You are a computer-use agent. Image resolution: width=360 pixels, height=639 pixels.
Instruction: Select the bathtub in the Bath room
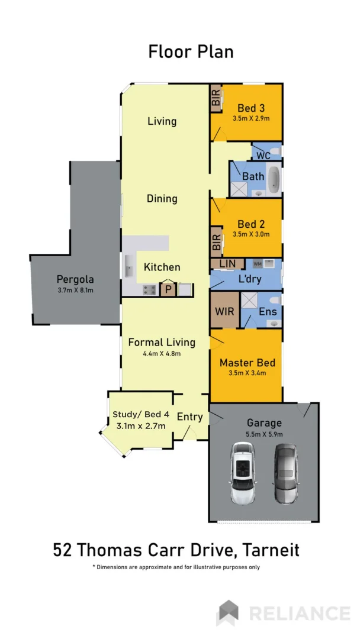click(274, 180)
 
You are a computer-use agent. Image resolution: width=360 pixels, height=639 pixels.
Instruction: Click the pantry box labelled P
click(168, 289)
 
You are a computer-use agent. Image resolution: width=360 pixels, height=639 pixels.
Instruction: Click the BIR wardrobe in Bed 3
click(216, 98)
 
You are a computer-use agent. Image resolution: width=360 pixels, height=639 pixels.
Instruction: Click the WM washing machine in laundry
click(258, 263)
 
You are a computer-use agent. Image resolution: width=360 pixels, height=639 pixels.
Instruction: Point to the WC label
click(263, 156)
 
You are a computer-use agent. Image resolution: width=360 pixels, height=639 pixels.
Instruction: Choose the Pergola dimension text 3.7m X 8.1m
click(76, 290)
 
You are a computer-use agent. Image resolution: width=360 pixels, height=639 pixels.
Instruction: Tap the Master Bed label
click(247, 362)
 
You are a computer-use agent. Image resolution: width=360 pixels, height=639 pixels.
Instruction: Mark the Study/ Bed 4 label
click(140, 414)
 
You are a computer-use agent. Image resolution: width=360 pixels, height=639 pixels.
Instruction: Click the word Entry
click(190, 417)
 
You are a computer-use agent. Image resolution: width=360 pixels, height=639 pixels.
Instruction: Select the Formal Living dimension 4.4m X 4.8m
click(162, 353)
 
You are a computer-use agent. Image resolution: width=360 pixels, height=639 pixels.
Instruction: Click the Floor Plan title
click(191, 51)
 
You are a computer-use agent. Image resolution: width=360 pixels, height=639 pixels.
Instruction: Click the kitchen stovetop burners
click(149, 289)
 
